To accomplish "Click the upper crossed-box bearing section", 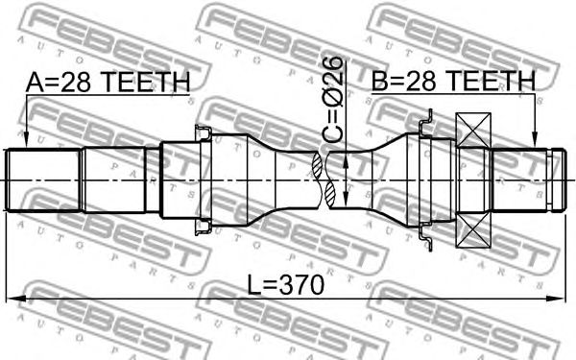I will pyautogui.click(x=474, y=131).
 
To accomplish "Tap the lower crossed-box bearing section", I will pyautogui.click(x=474, y=230).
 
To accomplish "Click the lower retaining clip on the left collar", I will pyautogui.click(x=204, y=227).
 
